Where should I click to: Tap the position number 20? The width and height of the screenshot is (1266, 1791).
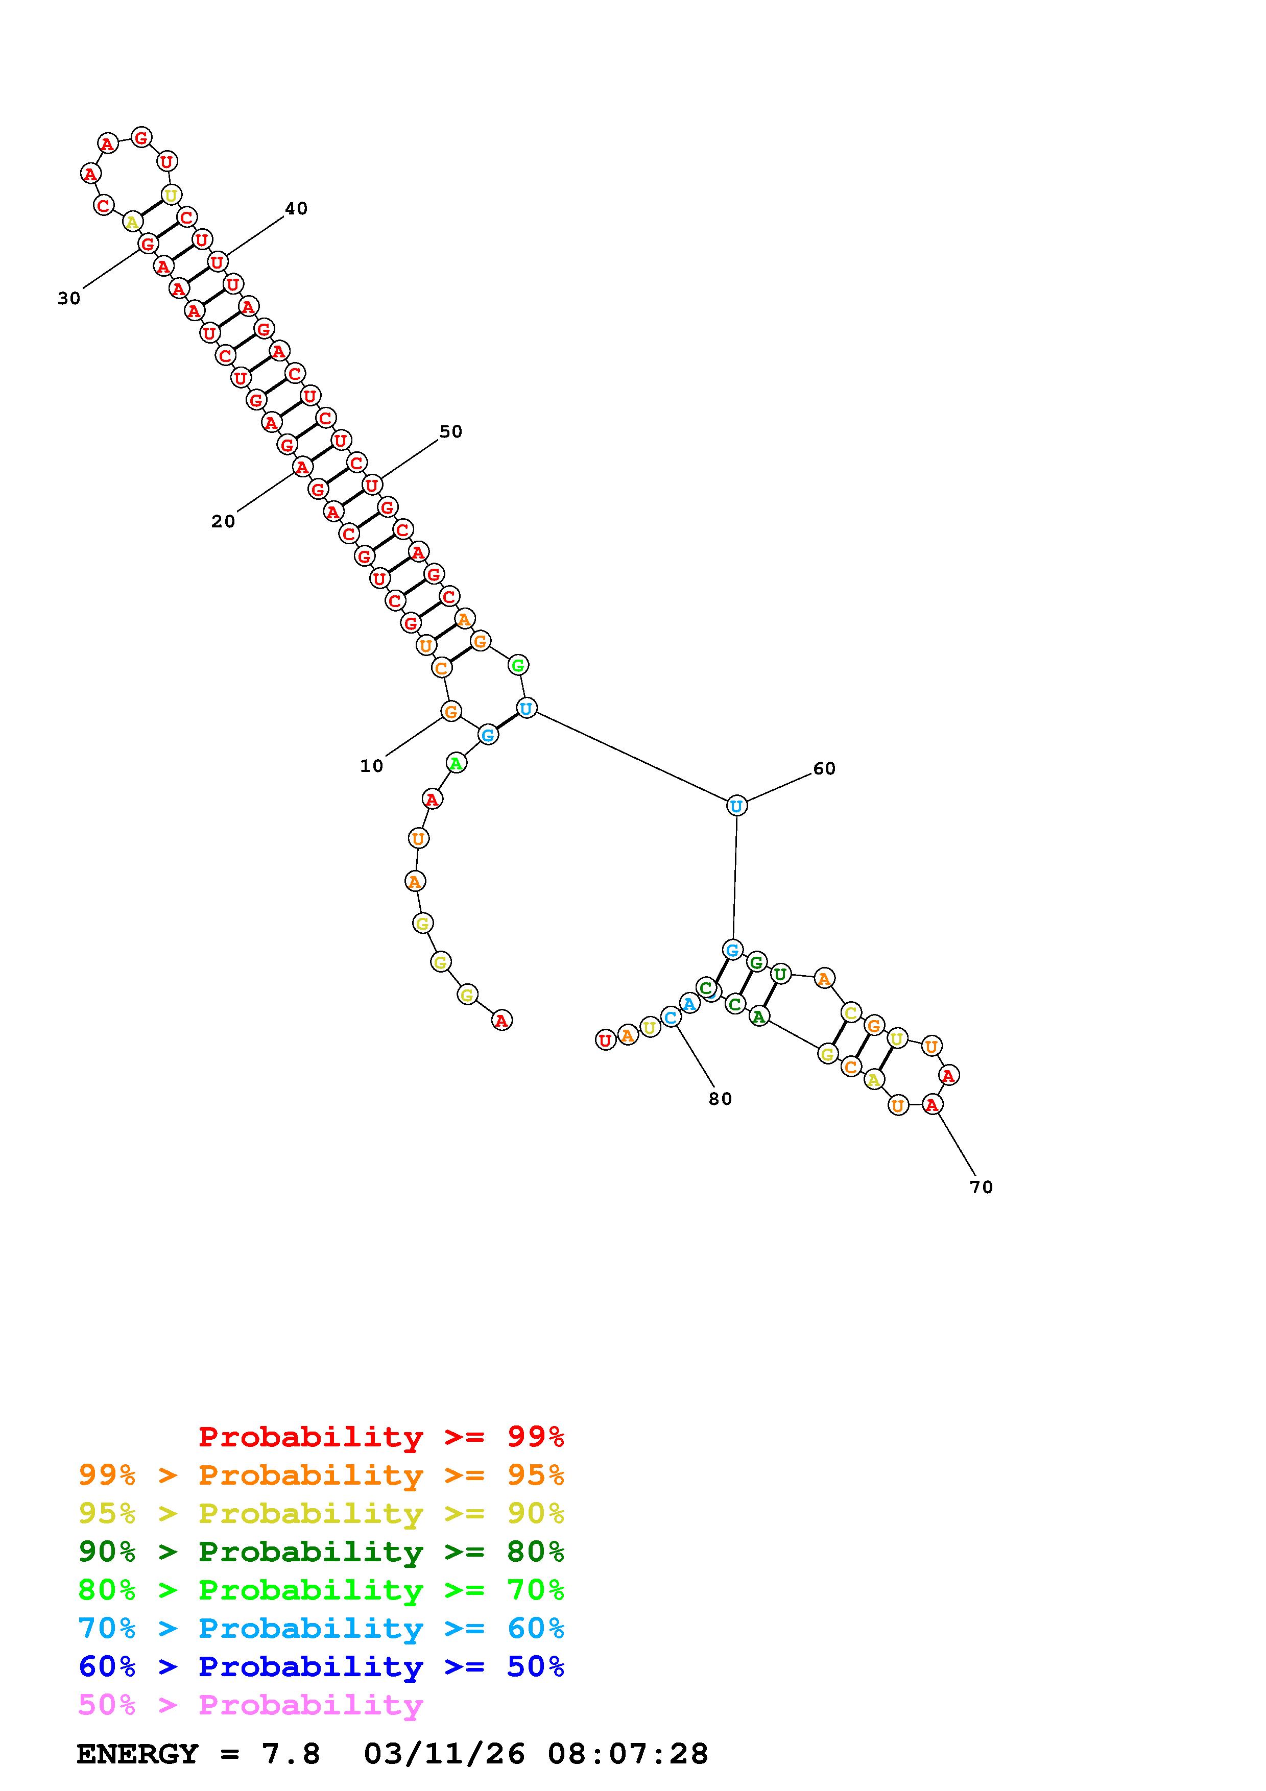tap(223, 521)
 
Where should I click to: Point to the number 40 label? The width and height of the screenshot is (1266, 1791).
tap(296, 208)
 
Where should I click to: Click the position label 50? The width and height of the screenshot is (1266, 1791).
tap(451, 431)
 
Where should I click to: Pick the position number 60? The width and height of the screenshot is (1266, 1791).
tap(824, 768)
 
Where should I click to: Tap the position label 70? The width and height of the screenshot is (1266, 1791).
tap(981, 1187)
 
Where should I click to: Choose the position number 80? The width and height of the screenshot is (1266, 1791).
tap(720, 1098)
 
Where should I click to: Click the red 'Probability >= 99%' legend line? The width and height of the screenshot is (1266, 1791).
tap(381, 1437)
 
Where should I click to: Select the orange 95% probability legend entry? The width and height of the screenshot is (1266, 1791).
tap(321, 1475)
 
